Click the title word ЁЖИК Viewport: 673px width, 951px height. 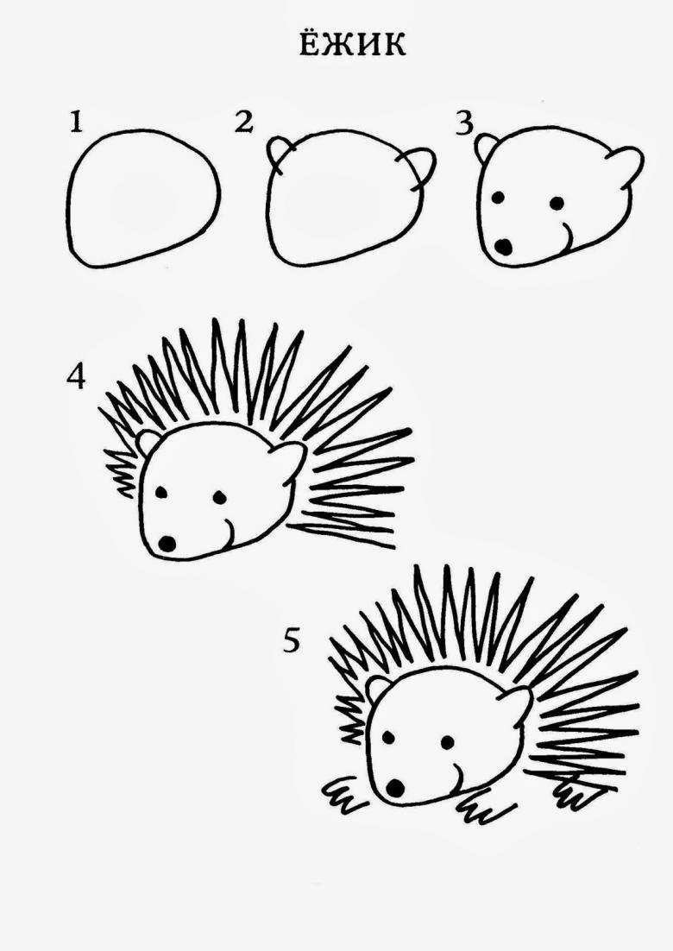pyautogui.click(x=353, y=43)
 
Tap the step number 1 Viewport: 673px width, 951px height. pyautogui.click(x=75, y=123)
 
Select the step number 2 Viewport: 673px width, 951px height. pyautogui.click(x=243, y=123)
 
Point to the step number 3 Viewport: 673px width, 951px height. pyautogui.click(x=464, y=123)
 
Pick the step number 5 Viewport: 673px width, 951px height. pyautogui.click(x=292, y=640)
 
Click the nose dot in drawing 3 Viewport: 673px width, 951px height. pyautogui.click(x=503, y=246)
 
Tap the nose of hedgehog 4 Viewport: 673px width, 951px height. pyautogui.click(x=167, y=542)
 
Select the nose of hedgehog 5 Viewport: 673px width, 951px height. pyautogui.click(x=395, y=787)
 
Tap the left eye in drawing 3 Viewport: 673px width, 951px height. pyautogui.click(x=499, y=198)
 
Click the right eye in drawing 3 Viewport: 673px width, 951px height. pyautogui.click(x=556, y=203)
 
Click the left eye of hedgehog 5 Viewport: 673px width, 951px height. pyautogui.click(x=388, y=738)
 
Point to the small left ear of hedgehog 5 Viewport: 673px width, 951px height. pyautogui.click(x=377, y=688)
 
